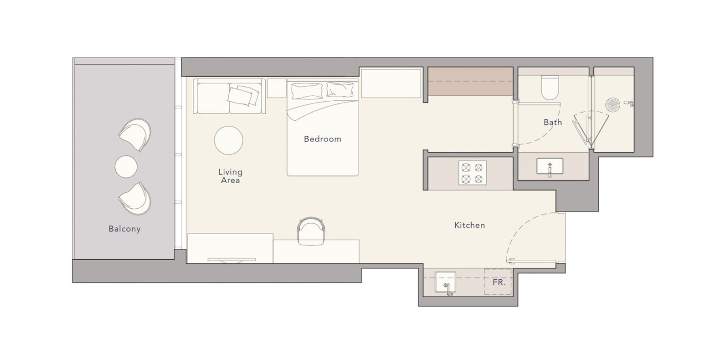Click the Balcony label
click(124, 229)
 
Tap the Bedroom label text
click(322, 139)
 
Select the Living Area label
click(230, 176)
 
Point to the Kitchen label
click(470, 225)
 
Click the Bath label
click(552, 122)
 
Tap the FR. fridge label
click(499, 282)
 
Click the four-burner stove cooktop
click(472, 173)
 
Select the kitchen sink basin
click(445, 282)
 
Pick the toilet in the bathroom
click(550, 87)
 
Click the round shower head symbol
click(613, 105)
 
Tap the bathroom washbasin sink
click(550, 166)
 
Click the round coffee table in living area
click(228, 140)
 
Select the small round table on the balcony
click(126, 167)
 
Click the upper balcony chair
click(135, 134)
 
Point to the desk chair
click(311, 230)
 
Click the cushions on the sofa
click(243, 96)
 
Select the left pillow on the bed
click(307, 91)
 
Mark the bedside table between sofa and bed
click(277, 88)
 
